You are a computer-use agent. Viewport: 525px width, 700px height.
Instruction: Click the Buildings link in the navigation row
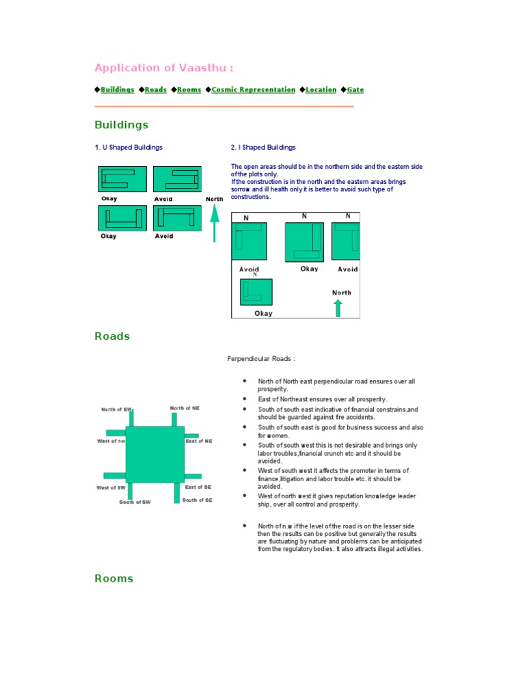click(117, 90)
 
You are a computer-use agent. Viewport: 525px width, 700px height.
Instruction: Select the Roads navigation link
click(155, 90)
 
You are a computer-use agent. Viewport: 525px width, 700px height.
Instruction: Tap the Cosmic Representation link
click(253, 90)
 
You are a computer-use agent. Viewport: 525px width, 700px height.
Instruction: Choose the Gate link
click(355, 90)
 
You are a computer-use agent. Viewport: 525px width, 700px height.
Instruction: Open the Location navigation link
click(321, 90)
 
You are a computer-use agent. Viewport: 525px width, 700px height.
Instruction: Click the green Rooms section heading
click(113, 578)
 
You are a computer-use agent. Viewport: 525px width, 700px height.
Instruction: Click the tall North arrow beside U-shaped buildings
click(215, 224)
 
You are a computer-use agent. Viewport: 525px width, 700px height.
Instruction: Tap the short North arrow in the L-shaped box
click(338, 308)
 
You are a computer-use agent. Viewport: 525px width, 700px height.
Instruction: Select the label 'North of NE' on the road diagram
click(185, 408)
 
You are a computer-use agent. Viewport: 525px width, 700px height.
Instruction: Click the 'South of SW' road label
click(135, 502)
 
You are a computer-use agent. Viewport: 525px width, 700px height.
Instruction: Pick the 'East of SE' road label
click(198, 487)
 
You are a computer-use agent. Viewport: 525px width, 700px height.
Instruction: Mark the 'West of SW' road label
click(111, 487)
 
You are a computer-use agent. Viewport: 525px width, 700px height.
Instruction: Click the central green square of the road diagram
click(154, 454)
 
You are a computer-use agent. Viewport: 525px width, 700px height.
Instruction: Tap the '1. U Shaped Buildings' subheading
click(129, 147)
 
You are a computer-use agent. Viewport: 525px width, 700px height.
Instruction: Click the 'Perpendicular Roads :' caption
click(261, 358)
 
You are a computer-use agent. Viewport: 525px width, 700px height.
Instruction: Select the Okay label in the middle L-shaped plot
click(309, 269)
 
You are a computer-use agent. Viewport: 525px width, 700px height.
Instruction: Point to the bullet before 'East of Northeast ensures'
click(244, 398)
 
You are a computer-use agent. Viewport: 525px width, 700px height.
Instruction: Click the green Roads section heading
click(112, 336)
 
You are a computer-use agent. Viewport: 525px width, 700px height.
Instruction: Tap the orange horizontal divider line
click(224, 107)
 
